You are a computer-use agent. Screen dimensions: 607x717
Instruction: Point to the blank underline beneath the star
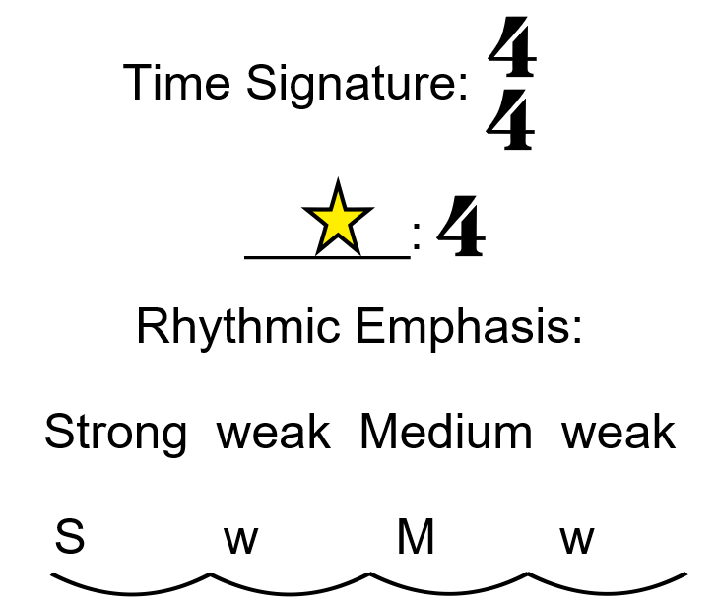(326, 257)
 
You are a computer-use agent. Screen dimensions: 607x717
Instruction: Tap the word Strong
(115, 434)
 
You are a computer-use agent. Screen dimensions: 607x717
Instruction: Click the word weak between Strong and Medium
(274, 434)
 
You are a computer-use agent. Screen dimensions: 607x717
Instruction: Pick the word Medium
(445, 434)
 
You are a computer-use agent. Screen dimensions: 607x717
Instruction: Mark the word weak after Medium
(619, 434)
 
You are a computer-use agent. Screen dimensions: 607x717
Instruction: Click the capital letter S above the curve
(69, 539)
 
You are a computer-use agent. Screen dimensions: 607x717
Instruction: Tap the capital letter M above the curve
(416, 539)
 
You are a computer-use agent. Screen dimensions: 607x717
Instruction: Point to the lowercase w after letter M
(577, 541)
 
